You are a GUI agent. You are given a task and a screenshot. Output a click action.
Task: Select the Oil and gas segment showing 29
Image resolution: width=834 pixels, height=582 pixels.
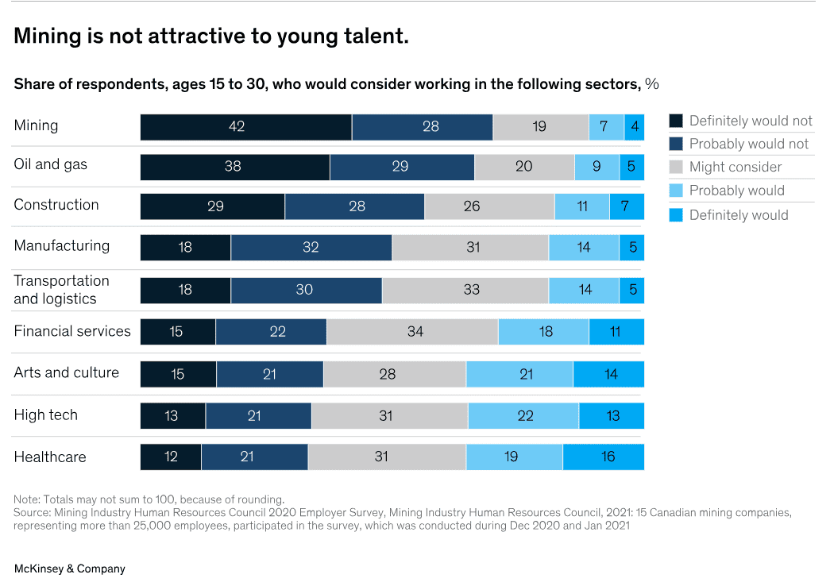(401, 167)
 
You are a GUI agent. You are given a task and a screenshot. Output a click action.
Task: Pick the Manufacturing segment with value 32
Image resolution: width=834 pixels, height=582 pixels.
(311, 248)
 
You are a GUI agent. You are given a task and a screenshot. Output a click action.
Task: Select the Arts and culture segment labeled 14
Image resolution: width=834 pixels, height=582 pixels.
(608, 374)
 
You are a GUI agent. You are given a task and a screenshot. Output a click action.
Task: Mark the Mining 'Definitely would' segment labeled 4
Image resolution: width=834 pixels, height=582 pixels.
(634, 127)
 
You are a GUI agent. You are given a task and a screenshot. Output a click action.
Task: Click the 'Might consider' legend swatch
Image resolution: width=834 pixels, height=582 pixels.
(676, 167)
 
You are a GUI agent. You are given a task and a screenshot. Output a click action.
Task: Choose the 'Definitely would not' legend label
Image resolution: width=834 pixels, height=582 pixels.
(750, 121)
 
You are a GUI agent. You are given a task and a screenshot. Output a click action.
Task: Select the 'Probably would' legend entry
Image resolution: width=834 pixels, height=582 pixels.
(736, 191)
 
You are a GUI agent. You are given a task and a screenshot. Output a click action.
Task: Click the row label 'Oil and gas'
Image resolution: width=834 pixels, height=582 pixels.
(50, 164)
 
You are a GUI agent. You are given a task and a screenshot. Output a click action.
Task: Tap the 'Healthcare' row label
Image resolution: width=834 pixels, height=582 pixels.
(50, 457)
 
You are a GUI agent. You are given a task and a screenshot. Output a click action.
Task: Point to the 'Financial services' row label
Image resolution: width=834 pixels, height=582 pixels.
(71, 331)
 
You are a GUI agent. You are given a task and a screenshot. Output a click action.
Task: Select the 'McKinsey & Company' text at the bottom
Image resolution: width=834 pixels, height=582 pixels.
(69, 569)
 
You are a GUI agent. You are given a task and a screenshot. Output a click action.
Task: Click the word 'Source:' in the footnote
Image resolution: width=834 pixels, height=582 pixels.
(33, 512)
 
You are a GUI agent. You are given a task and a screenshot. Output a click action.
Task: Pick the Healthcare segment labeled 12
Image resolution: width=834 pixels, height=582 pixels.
(170, 457)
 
